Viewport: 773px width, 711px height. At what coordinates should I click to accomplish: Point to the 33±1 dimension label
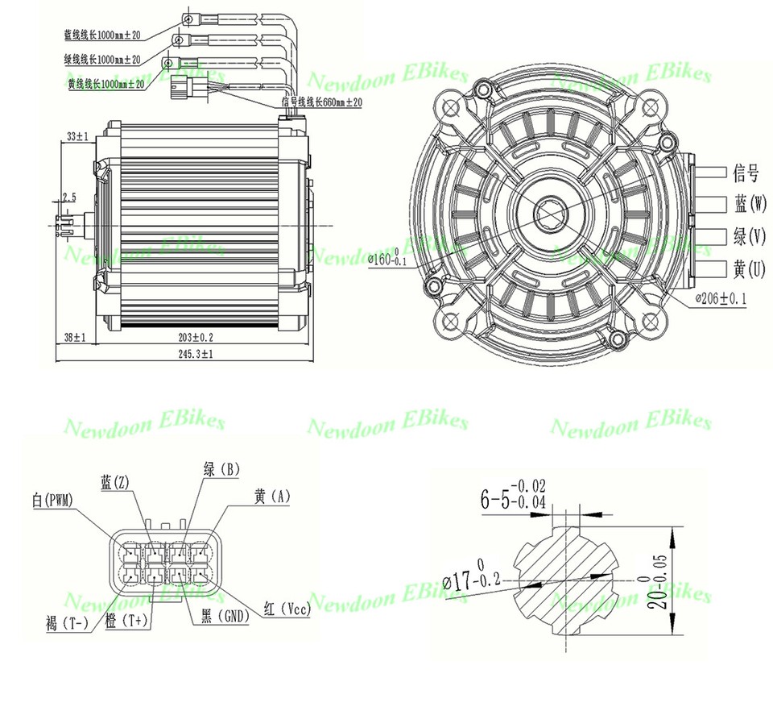tap(77, 137)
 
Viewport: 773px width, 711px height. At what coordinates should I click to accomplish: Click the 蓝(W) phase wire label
tap(750, 204)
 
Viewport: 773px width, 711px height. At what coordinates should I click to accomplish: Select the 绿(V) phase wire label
tap(750, 237)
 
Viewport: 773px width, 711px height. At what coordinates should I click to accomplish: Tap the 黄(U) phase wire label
tap(750, 269)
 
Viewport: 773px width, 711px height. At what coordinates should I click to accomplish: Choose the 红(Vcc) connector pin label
tap(287, 609)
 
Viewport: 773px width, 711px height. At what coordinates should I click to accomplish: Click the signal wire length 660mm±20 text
tap(321, 102)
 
